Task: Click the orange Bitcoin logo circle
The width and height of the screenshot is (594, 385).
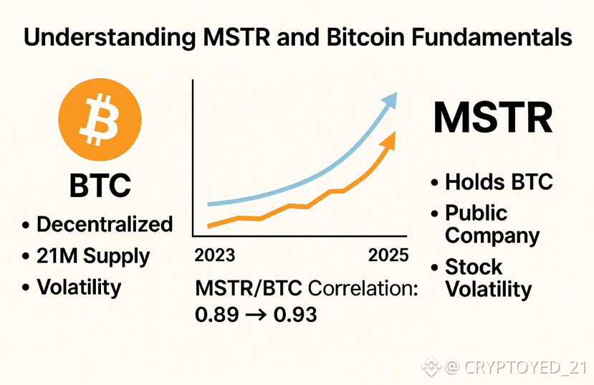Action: pos(100,120)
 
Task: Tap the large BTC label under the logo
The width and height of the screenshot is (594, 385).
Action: pos(100,185)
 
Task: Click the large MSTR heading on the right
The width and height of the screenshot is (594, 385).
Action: pos(493,118)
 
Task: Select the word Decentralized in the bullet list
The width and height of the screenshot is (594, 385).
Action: pos(105,224)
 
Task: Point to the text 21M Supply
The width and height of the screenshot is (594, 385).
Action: pos(93,256)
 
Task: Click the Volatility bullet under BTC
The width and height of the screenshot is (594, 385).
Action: pos(79,287)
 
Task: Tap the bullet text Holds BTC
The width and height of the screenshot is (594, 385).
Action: pos(499,182)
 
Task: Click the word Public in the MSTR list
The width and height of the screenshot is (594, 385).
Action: pos(476,213)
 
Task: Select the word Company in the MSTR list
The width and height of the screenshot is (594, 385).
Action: pos(492,237)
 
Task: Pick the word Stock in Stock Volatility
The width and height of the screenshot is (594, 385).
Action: pos(474,267)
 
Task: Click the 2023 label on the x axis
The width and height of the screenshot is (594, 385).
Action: pos(214,255)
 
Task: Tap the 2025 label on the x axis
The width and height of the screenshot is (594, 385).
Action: pos(388,255)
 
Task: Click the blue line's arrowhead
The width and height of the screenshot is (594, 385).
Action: pos(389,100)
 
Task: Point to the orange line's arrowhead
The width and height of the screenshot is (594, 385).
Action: pos(388,141)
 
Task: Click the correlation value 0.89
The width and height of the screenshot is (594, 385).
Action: pos(216,315)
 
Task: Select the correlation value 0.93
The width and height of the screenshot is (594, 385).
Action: pos(295,315)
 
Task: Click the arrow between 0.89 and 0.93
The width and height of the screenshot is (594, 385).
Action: pos(256,315)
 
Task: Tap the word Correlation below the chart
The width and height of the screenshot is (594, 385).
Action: pos(363,289)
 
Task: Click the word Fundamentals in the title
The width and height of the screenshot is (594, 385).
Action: pos(492,37)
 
